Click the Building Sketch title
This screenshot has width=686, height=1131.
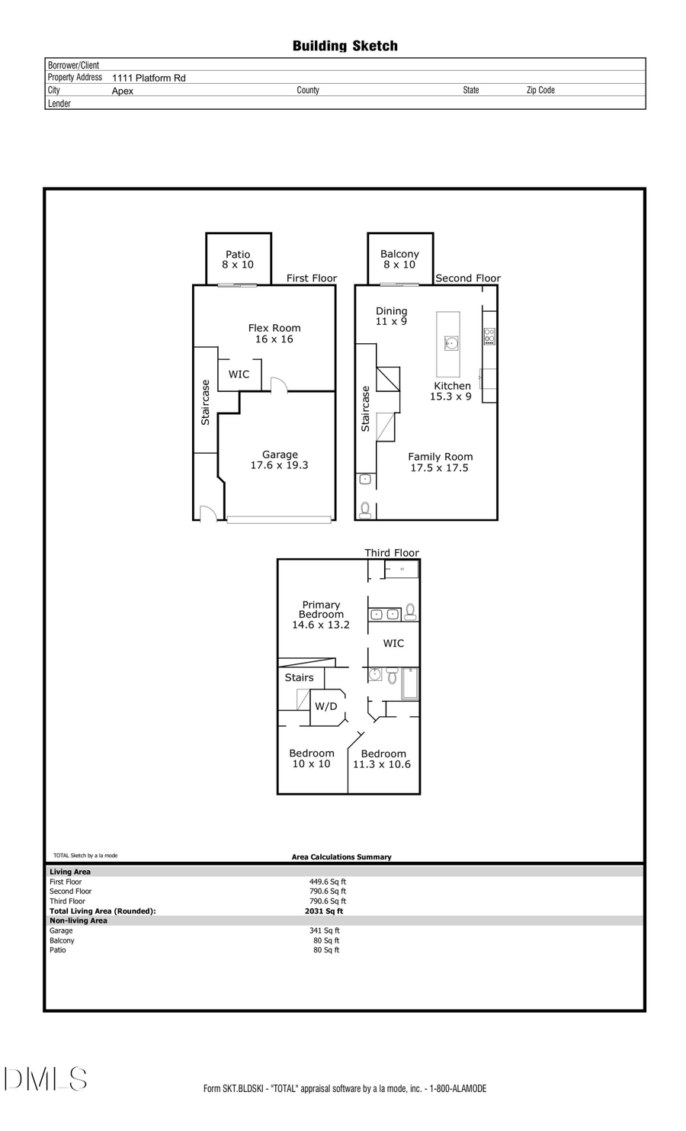tap(345, 46)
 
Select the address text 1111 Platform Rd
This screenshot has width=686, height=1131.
tap(149, 78)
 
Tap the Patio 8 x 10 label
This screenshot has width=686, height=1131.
tap(238, 259)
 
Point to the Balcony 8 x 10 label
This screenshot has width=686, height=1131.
tap(399, 259)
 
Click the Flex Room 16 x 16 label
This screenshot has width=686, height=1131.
tap(274, 333)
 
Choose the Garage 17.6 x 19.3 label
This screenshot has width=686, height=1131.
tap(279, 460)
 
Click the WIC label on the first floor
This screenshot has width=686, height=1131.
tap(239, 374)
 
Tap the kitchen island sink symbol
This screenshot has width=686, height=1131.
tap(451, 343)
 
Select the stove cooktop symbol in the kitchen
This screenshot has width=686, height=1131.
tap(489, 336)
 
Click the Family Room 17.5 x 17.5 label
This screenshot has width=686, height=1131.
tap(440, 462)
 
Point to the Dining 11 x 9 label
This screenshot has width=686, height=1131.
tap(391, 316)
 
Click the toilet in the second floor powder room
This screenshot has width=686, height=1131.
tap(365, 509)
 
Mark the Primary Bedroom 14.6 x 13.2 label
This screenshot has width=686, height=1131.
tap(321, 615)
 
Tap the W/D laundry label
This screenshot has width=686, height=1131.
tap(326, 706)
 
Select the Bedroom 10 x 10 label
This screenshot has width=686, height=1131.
tap(311, 758)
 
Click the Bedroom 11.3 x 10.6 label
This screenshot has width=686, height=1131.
tap(383, 759)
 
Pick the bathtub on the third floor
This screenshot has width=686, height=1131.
tap(410, 683)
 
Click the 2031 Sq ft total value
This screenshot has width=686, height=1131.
tap(324, 911)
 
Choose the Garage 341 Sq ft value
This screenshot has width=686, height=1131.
tap(326, 930)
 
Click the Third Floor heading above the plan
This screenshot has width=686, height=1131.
tap(391, 553)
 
